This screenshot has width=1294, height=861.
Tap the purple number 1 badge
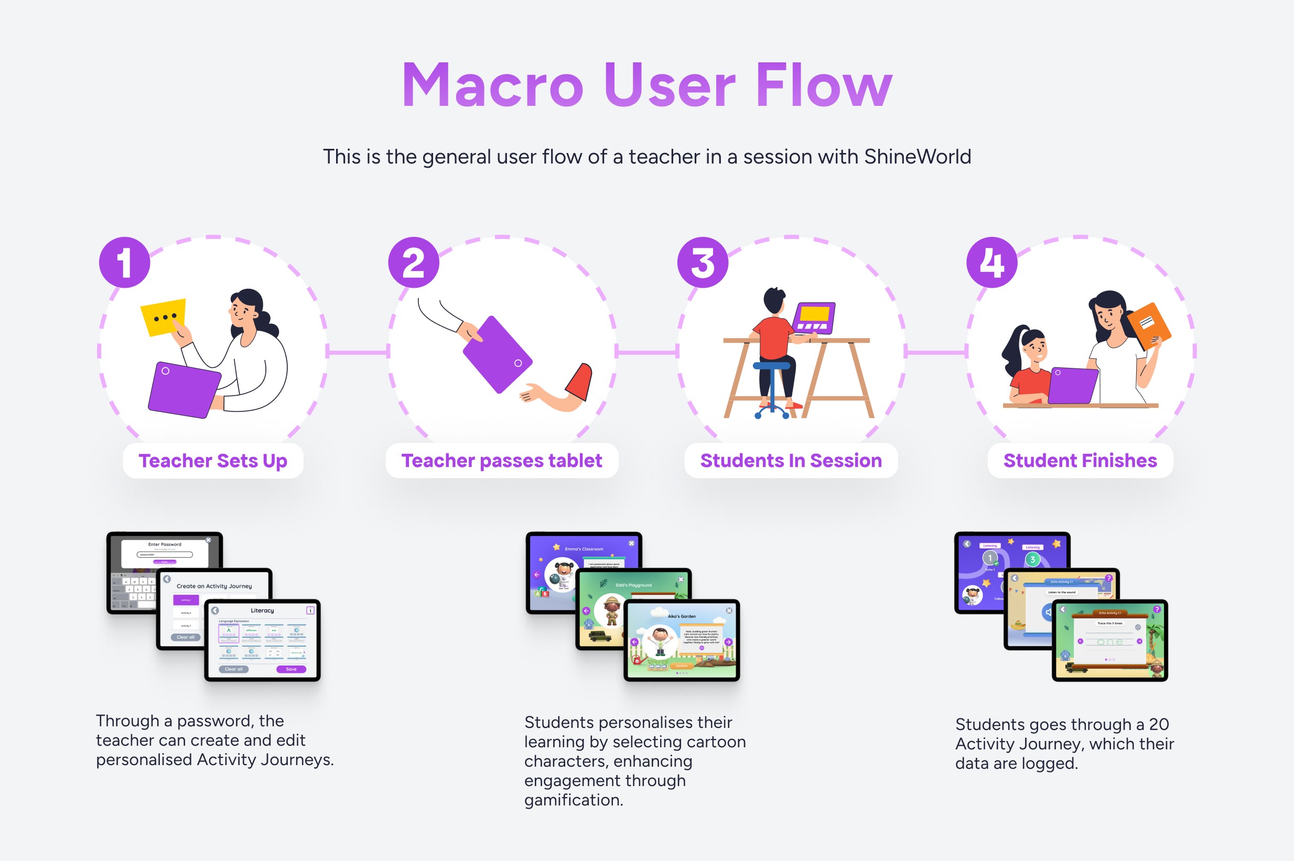click(x=125, y=263)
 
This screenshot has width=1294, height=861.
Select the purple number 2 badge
click(x=414, y=263)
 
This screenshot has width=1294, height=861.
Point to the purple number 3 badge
click(x=703, y=263)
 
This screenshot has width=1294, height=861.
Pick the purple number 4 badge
click(x=991, y=263)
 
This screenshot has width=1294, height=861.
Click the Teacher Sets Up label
click(x=212, y=461)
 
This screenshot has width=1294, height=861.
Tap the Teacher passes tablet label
click(x=501, y=461)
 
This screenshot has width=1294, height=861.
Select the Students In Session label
click(x=791, y=461)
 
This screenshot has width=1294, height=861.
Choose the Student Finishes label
click(x=1080, y=461)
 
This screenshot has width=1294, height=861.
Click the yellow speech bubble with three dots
click(x=164, y=317)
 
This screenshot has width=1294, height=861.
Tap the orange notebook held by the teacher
click(x=1148, y=325)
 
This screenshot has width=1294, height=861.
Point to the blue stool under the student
click(x=771, y=367)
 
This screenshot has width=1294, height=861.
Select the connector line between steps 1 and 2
click(x=358, y=352)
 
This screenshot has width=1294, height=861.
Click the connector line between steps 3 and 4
click(x=936, y=352)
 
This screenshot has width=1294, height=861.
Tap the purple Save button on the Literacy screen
click(x=291, y=669)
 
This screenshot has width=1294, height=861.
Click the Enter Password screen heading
click(x=164, y=544)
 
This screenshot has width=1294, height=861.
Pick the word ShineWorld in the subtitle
click(x=917, y=157)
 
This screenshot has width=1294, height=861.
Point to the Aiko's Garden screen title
click(x=681, y=616)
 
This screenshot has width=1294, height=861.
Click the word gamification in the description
click(x=573, y=800)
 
